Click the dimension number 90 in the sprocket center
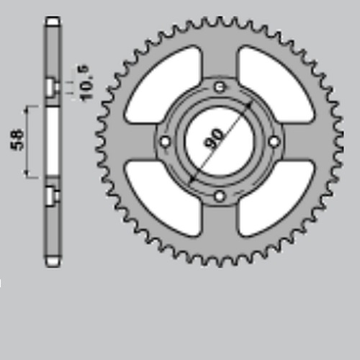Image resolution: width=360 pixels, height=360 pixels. pos(213,139)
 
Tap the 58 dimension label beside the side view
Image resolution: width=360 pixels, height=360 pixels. pos(17,140)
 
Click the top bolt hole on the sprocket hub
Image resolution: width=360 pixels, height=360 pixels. pos(219,87)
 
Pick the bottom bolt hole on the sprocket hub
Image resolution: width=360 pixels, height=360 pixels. pos(220,197)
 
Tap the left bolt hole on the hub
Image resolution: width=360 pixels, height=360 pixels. pos(166,141)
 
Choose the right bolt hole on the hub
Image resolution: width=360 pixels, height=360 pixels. pos(274,142)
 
